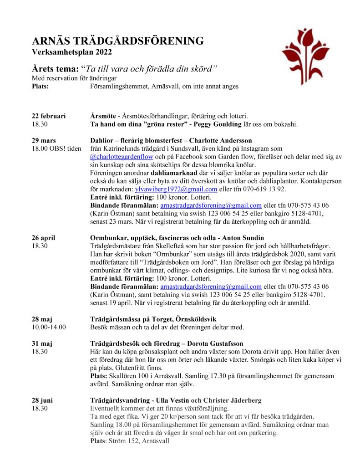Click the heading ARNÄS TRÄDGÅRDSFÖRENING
point(117,41)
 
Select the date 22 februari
point(49,116)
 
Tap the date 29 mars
point(44,140)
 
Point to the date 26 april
point(43,238)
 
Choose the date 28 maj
point(42,319)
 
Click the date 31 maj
point(42,343)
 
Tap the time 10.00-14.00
point(49,327)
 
